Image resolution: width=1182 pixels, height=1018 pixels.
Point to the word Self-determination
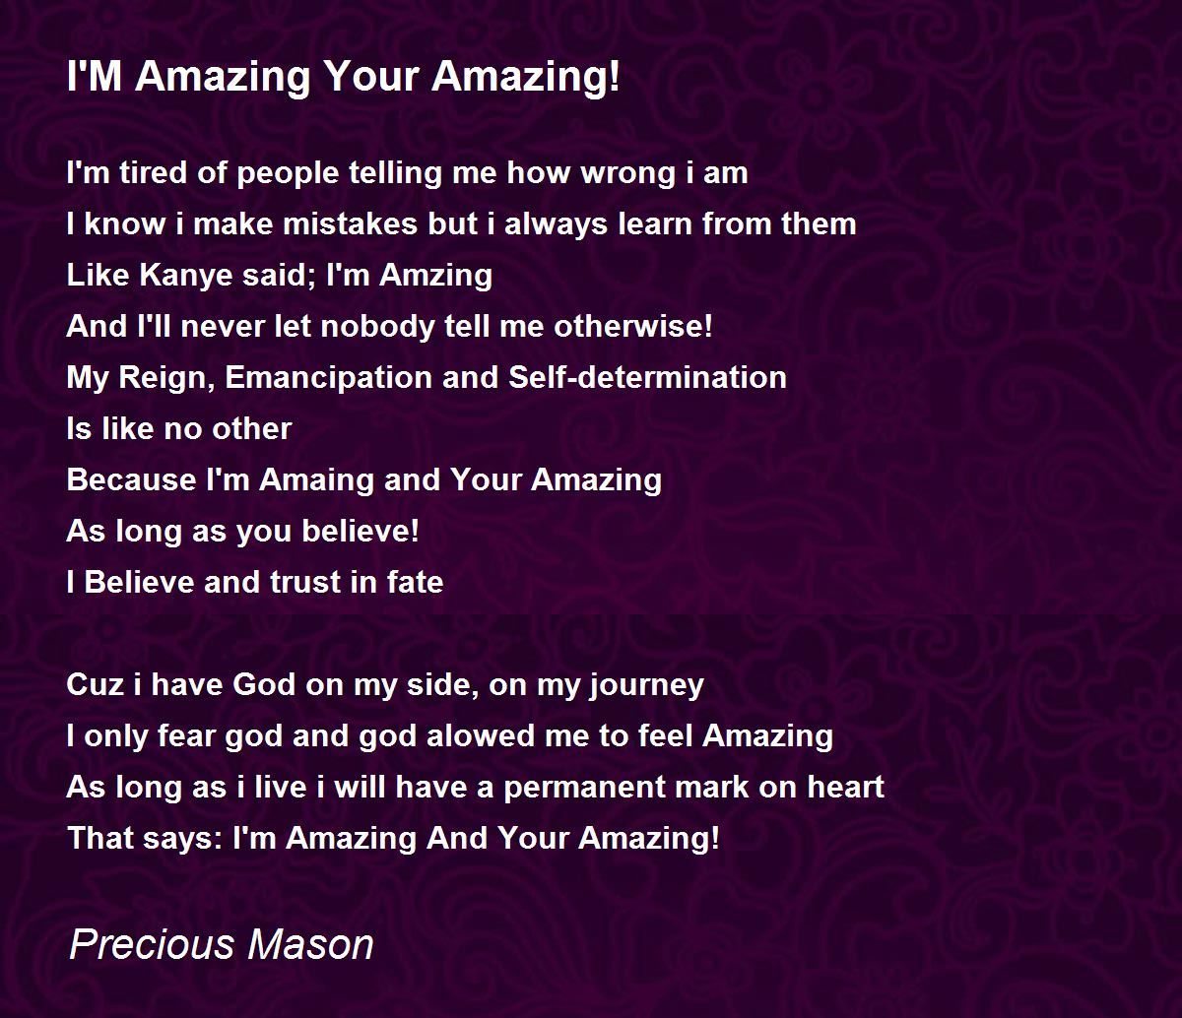tap(647, 377)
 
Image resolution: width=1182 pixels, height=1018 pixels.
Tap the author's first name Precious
tap(153, 944)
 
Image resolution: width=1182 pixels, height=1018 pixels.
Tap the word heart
tap(844, 787)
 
